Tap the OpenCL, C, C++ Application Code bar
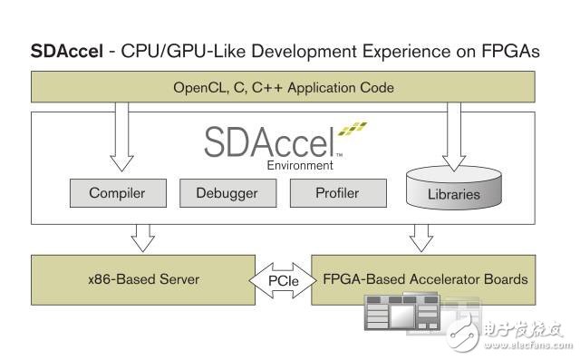coord(284,88)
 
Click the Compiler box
coord(117,193)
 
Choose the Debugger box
coord(227,193)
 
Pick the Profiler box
coord(337,193)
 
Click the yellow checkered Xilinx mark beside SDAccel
coord(353,136)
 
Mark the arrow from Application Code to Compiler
coord(118,136)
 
